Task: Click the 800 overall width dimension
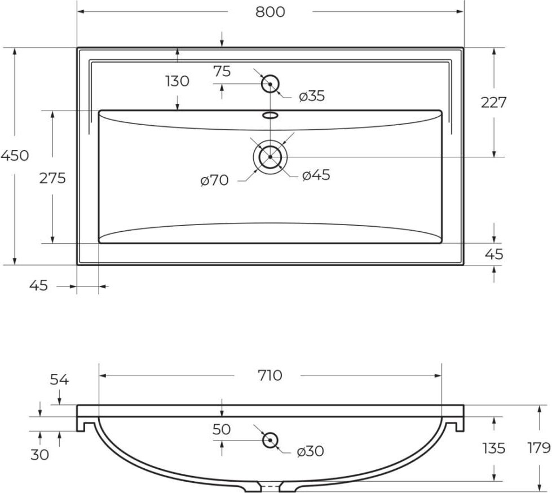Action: point(270,12)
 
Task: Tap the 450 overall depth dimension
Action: point(15,155)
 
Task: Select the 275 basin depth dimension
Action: point(52,178)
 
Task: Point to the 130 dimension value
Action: point(178,81)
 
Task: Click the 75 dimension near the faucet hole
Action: point(222,71)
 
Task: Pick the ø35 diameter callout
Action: point(312,96)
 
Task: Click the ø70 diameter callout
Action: point(214,181)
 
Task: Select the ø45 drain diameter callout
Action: point(316,175)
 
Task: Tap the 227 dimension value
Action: point(493,103)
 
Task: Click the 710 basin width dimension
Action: point(270,375)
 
